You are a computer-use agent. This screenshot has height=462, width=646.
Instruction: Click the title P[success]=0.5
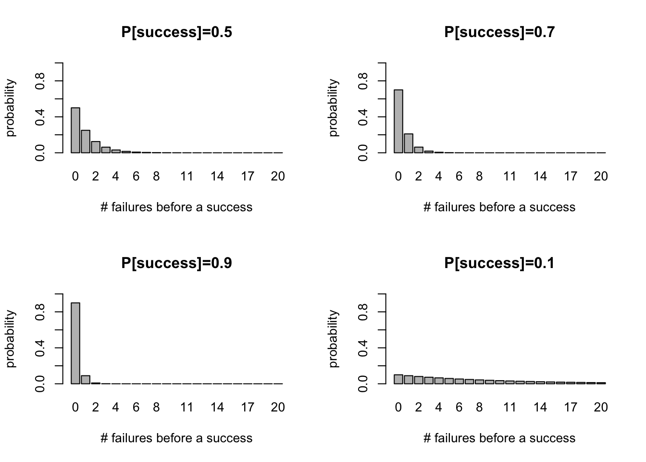coord(176,32)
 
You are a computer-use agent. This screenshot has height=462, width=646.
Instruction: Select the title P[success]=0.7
coord(499,32)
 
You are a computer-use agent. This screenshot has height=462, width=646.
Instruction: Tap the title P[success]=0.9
coord(176,263)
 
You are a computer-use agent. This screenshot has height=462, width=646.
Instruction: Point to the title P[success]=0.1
coord(499,263)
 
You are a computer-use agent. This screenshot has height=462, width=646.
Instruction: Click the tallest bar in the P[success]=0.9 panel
coord(75,343)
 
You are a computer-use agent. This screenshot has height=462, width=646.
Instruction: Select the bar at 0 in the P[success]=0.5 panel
coord(75,130)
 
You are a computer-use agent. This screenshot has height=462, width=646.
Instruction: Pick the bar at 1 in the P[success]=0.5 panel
coord(86,141)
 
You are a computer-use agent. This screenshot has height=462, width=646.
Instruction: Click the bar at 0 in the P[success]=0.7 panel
coord(398,121)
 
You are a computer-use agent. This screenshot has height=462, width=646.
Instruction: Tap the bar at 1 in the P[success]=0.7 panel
coord(409,143)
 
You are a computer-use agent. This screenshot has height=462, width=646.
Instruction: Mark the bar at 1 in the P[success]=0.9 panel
coord(86,380)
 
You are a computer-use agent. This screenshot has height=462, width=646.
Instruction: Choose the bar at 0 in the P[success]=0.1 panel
coord(398,379)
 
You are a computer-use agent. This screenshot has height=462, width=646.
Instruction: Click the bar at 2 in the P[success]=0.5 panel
coord(96,147)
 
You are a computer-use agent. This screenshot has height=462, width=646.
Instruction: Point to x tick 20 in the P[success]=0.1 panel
coord(601,408)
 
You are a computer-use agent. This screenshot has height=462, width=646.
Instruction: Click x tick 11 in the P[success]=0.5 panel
coord(186,177)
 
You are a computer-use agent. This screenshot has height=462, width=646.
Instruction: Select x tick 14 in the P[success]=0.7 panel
coord(540,177)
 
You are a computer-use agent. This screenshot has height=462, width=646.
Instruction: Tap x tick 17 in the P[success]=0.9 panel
coord(248,408)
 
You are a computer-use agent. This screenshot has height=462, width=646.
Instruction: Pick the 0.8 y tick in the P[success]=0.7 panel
coord(363,80)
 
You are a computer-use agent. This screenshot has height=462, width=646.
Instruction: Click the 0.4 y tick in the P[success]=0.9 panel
coord(40,347)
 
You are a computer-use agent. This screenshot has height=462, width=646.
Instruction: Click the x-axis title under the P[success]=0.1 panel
coord(499,438)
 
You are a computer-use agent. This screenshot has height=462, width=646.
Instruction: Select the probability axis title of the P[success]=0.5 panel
coord(11,108)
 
